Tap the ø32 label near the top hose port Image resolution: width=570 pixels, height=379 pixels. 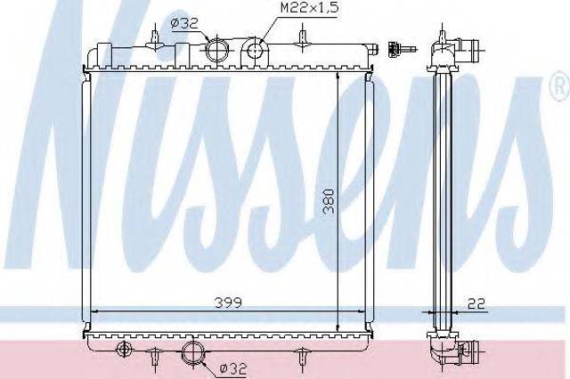click(x=184, y=23)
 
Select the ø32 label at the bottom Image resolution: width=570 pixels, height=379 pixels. click(x=233, y=369)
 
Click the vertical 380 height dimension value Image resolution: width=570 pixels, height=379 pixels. click(x=330, y=200)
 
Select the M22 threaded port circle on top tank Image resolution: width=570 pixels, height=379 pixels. click(x=256, y=49)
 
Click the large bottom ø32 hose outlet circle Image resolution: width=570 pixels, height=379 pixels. click(x=193, y=352)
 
